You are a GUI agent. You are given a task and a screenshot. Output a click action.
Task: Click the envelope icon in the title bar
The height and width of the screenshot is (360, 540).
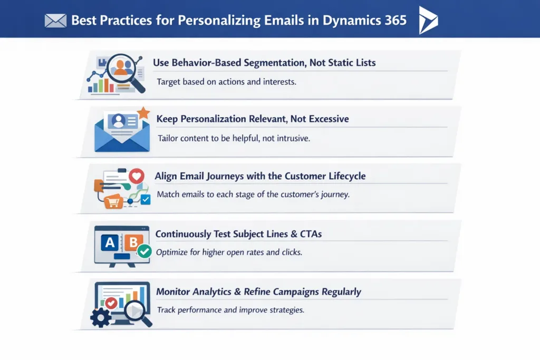pyautogui.click(x=55, y=21)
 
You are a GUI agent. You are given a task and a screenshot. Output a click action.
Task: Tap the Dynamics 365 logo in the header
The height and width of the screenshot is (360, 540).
pyautogui.click(x=427, y=21)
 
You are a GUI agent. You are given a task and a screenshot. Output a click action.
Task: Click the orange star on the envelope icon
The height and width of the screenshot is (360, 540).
pyautogui.click(x=142, y=112)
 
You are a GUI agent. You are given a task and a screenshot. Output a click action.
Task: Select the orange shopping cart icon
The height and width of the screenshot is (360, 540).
pyautogui.click(x=113, y=201)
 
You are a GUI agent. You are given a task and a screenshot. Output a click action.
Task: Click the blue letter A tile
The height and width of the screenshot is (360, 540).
pyautogui.click(x=110, y=242)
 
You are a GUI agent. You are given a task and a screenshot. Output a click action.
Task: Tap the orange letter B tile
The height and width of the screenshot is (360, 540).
pyautogui.click(x=133, y=242)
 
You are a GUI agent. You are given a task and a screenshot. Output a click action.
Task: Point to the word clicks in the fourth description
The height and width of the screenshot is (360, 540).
pyautogui.click(x=292, y=252)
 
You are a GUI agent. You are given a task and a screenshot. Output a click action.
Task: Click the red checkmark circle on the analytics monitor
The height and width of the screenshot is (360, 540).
pyautogui.click(x=111, y=303)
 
